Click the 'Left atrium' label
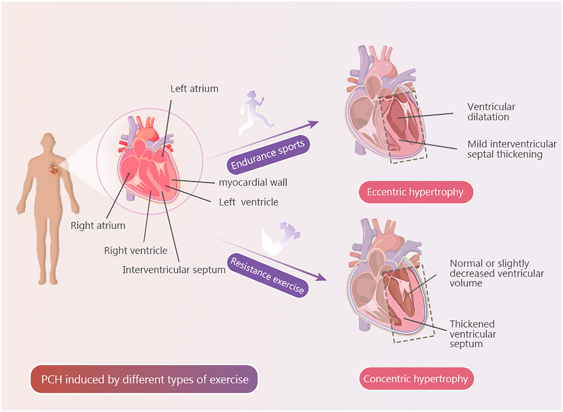coord(194,89)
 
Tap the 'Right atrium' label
coord(98,226)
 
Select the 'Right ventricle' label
coord(136,251)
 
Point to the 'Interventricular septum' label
coord(174,270)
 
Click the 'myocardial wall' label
coord(253,182)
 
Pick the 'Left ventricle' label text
coord(249,202)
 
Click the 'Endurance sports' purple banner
coord(268,155)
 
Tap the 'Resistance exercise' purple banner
coord(268,276)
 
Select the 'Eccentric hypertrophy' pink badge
coord(415,192)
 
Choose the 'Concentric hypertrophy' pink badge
coord(416,379)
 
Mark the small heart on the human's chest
coord(54,169)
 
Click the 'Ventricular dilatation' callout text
coord(491,112)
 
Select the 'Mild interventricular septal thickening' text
coord(512,149)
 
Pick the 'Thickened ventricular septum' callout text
coord(473,334)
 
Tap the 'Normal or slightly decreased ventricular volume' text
coord(496,273)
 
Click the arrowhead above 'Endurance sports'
coord(313,124)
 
